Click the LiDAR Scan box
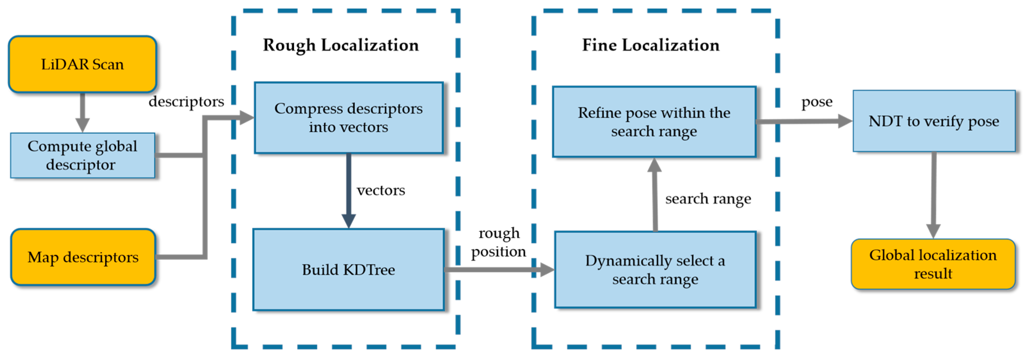pos(82,64)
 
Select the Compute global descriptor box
pos(82,155)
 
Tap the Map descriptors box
pos(83,257)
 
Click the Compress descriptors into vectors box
pos(349,118)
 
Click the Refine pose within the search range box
pos(654,122)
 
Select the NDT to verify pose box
pos(934,121)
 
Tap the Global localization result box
pos(933,264)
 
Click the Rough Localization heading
pos(341,45)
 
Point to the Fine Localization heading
pos(651,45)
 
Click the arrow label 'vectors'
pos(381,190)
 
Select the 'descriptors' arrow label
pos(186,101)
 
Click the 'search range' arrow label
pos(708,199)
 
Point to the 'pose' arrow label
pos(816,102)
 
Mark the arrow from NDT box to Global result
pos(934,195)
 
